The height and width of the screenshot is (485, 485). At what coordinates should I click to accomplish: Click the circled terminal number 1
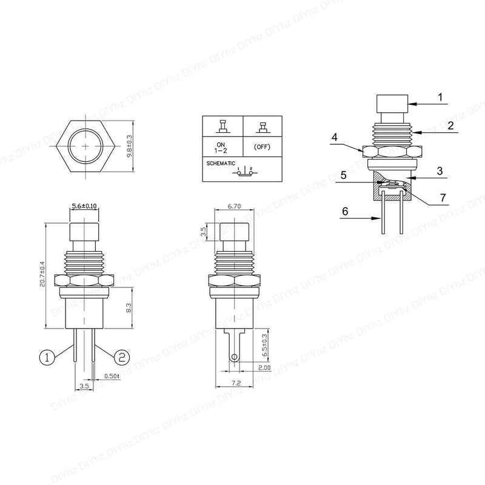coord(47,358)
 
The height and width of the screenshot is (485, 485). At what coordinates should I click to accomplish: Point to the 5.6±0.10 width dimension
coord(84,206)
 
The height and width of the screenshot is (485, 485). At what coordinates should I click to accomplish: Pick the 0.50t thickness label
coord(111,376)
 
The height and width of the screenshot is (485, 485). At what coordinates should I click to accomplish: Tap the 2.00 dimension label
coord(264,368)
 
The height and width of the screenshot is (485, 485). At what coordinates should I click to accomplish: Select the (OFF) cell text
coord(262,146)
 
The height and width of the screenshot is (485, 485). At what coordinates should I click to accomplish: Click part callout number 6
coord(345,212)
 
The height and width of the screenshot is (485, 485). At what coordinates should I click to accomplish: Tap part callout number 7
coord(443,198)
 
